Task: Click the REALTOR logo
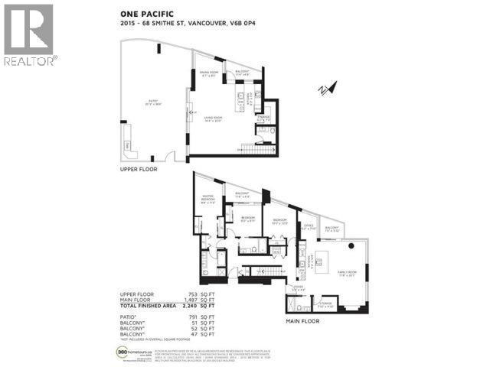(x=28, y=34)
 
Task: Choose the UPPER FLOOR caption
(x=138, y=169)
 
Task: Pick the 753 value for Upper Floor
(x=175, y=294)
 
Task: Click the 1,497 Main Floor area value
(x=173, y=299)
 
